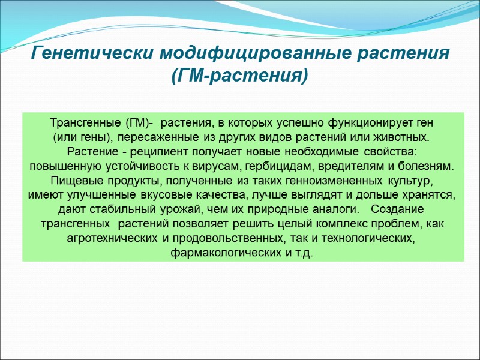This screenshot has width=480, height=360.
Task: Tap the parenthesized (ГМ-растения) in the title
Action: point(240,76)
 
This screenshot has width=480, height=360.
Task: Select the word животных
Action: point(405,137)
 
